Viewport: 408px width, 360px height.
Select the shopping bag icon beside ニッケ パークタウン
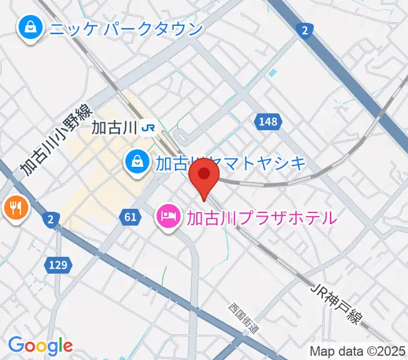tap(28, 26)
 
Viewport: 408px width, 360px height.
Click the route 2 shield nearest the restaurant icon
tap(50, 220)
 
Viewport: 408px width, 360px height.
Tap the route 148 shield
tap(268, 122)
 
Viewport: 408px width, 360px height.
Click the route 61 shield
tap(130, 217)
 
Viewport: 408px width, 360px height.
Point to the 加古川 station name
tap(115, 127)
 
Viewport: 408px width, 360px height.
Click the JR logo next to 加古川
tap(149, 127)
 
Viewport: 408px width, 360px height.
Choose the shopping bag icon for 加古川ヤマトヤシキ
tap(137, 161)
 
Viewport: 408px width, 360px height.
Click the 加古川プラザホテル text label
tap(261, 217)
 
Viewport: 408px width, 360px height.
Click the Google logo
tap(40, 346)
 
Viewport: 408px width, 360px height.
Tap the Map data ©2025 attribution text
tap(357, 351)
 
